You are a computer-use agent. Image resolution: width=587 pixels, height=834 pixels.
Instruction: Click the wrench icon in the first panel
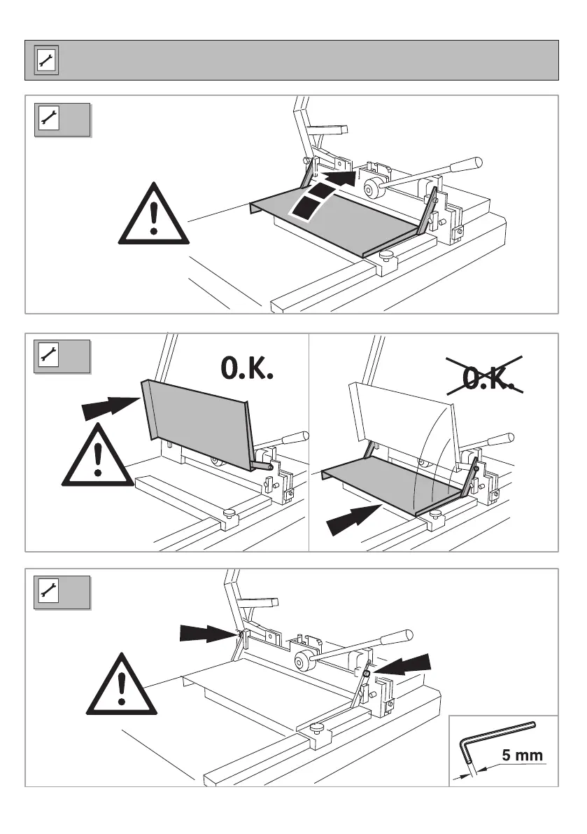(x=48, y=120)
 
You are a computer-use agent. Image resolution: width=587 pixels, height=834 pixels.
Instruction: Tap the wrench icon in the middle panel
(x=48, y=356)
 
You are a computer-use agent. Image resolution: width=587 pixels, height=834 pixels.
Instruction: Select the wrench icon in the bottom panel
(x=48, y=592)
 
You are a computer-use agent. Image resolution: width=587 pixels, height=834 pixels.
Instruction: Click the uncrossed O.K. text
(x=246, y=368)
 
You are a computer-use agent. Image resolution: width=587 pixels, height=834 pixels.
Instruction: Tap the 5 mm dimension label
(x=521, y=756)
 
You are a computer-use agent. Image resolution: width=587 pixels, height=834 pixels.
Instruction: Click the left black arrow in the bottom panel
(x=206, y=633)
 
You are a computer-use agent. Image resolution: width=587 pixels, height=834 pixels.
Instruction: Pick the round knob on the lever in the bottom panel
(x=305, y=661)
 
